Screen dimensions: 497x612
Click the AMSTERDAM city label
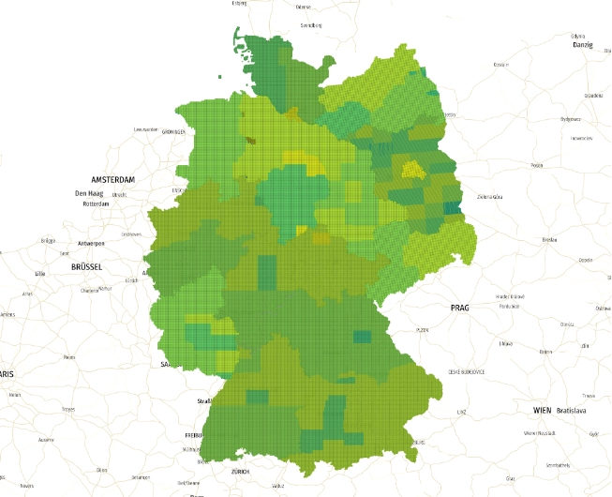[112, 179]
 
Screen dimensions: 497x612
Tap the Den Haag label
[87, 193]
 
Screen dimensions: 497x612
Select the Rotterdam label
[97, 203]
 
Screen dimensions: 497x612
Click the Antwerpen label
[91, 243]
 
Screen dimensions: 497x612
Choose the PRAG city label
[459, 308]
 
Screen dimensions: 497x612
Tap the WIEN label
[542, 411]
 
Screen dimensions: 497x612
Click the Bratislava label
[572, 411]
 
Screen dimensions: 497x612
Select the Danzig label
[584, 45]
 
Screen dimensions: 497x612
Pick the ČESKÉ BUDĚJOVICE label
[467, 372]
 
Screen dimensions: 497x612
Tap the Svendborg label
[310, 26]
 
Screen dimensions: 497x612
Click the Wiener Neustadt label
[542, 433]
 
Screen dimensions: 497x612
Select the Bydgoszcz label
[571, 119]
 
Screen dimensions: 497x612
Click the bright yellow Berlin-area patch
[410, 170]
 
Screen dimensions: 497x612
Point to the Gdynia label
[578, 36]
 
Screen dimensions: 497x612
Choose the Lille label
[39, 273]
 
